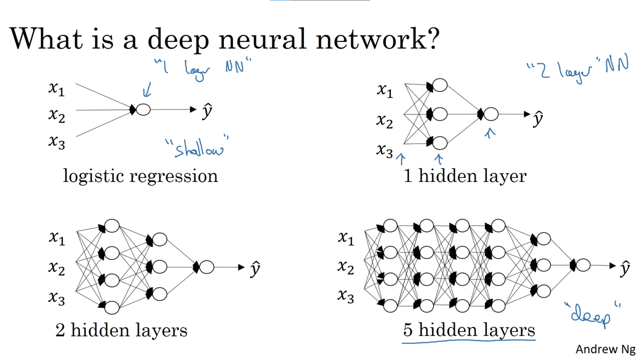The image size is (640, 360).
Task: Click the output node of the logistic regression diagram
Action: click(x=143, y=109)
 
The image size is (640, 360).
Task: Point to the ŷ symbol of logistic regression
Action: click(x=207, y=111)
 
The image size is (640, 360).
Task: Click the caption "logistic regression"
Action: click(x=140, y=176)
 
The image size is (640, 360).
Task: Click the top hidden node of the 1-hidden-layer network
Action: click(x=440, y=85)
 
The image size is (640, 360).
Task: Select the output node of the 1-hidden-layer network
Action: click(x=491, y=114)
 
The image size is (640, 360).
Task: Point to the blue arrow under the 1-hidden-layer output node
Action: click(x=490, y=133)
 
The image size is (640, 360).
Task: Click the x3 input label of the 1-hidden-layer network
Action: click(x=385, y=151)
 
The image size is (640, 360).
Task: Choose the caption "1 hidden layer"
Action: click(x=465, y=176)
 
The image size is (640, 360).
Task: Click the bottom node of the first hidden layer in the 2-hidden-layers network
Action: click(x=112, y=307)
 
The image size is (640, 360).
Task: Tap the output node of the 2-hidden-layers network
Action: click(x=207, y=267)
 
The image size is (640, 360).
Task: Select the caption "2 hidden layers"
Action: click(x=121, y=330)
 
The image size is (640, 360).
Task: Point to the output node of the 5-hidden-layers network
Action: click(x=583, y=265)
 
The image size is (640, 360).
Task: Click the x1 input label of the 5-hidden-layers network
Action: click(x=346, y=238)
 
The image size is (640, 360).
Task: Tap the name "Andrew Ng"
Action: click(x=605, y=349)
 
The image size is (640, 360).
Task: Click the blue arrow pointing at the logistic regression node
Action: click(x=147, y=90)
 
